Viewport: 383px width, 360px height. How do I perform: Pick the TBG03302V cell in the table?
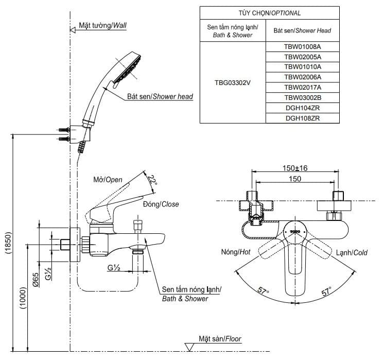coord(233,82)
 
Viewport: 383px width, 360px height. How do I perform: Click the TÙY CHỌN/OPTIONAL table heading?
coord(269,13)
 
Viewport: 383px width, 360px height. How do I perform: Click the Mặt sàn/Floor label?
coord(220,339)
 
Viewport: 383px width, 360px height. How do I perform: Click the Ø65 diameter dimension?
coord(37,279)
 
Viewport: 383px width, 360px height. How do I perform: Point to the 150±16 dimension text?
coord(294,168)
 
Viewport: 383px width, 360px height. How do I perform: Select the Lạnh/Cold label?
coord(352,253)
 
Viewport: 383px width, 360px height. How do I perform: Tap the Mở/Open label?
coord(108,180)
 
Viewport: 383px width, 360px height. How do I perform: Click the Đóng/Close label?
coord(161,204)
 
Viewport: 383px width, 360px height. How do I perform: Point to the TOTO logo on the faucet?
coord(294,232)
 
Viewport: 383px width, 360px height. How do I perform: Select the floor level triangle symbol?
coord(189,347)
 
